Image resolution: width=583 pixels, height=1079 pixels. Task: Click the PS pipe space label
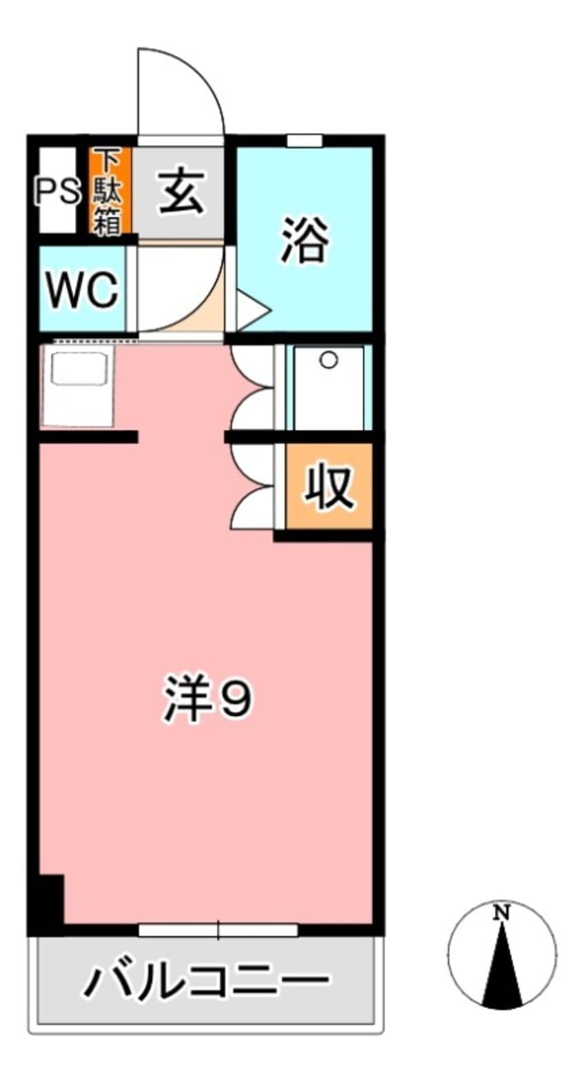tap(57, 191)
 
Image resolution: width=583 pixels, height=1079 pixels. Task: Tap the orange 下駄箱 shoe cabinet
tap(109, 191)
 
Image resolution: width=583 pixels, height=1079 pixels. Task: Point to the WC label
tap(81, 291)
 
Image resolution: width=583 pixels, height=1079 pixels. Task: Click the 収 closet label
tap(330, 487)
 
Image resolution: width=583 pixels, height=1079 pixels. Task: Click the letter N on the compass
tap(502, 914)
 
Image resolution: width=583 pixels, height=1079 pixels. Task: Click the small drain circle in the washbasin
tap(329, 360)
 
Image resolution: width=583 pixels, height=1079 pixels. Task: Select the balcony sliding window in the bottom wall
tap(218, 930)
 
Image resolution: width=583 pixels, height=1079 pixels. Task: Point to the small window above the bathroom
tap(304, 141)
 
